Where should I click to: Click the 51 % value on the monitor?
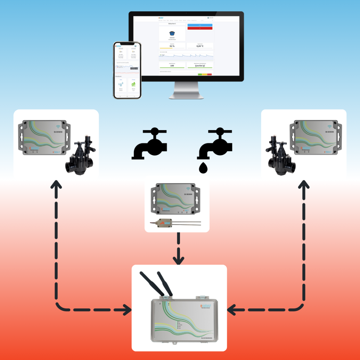click(x=172, y=46)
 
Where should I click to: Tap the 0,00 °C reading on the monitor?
click(x=200, y=46)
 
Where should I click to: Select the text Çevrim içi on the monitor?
click(x=200, y=66)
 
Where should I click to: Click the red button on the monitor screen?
click(x=200, y=28)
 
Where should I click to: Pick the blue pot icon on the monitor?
click(x=172, y=34)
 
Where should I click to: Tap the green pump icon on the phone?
click(x=134, y=84)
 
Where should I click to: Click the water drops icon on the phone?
click(x=121, y=84)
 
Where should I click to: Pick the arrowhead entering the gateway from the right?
click(x=232, y=310)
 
